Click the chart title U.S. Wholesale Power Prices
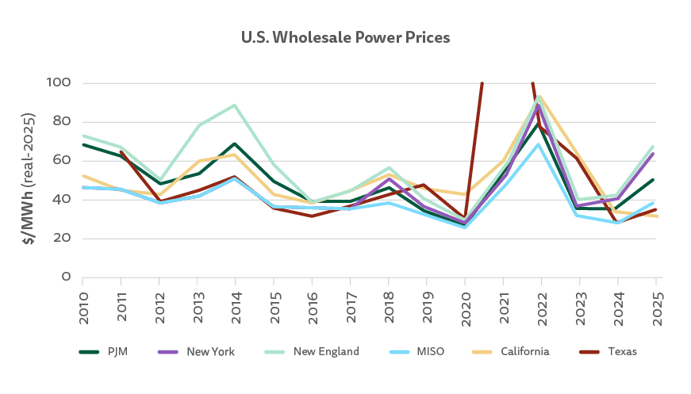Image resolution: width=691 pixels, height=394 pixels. click(345, 37)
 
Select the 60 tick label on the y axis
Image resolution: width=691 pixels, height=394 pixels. click(63, 161)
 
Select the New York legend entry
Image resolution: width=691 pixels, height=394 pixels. click(203, 351)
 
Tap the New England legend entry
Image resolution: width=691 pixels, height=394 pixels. click(316, 351)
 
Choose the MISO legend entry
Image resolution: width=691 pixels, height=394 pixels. click(420, 351)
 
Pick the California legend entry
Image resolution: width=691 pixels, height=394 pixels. click(516, 351)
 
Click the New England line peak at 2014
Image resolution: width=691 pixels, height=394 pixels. click(235, 105)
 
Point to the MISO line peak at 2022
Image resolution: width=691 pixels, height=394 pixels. click(541, 143)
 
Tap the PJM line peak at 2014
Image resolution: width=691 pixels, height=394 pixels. click(235, 143)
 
